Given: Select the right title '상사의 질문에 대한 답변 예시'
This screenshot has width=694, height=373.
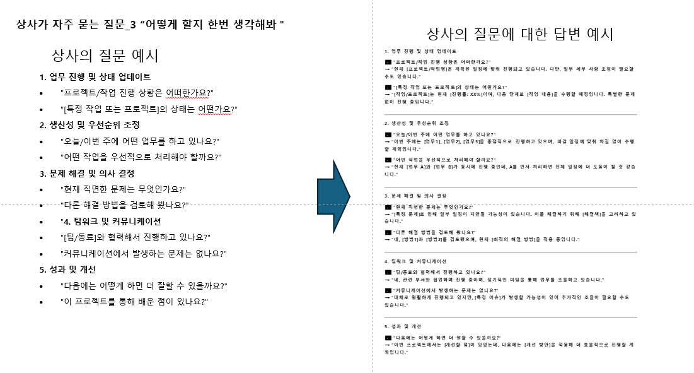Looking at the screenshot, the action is click(520, 33).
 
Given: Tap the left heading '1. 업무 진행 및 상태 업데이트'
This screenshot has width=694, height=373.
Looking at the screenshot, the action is click(95, 77).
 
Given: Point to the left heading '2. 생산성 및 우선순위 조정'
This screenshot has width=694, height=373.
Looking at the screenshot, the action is click(89, 125).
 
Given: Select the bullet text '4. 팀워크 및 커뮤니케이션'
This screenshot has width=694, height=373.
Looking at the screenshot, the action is click(110, 221).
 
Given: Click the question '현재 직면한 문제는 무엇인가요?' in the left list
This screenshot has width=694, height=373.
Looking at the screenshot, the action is click(123, 189).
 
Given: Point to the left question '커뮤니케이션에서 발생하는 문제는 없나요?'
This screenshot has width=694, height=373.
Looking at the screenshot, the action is click(143, 253).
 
